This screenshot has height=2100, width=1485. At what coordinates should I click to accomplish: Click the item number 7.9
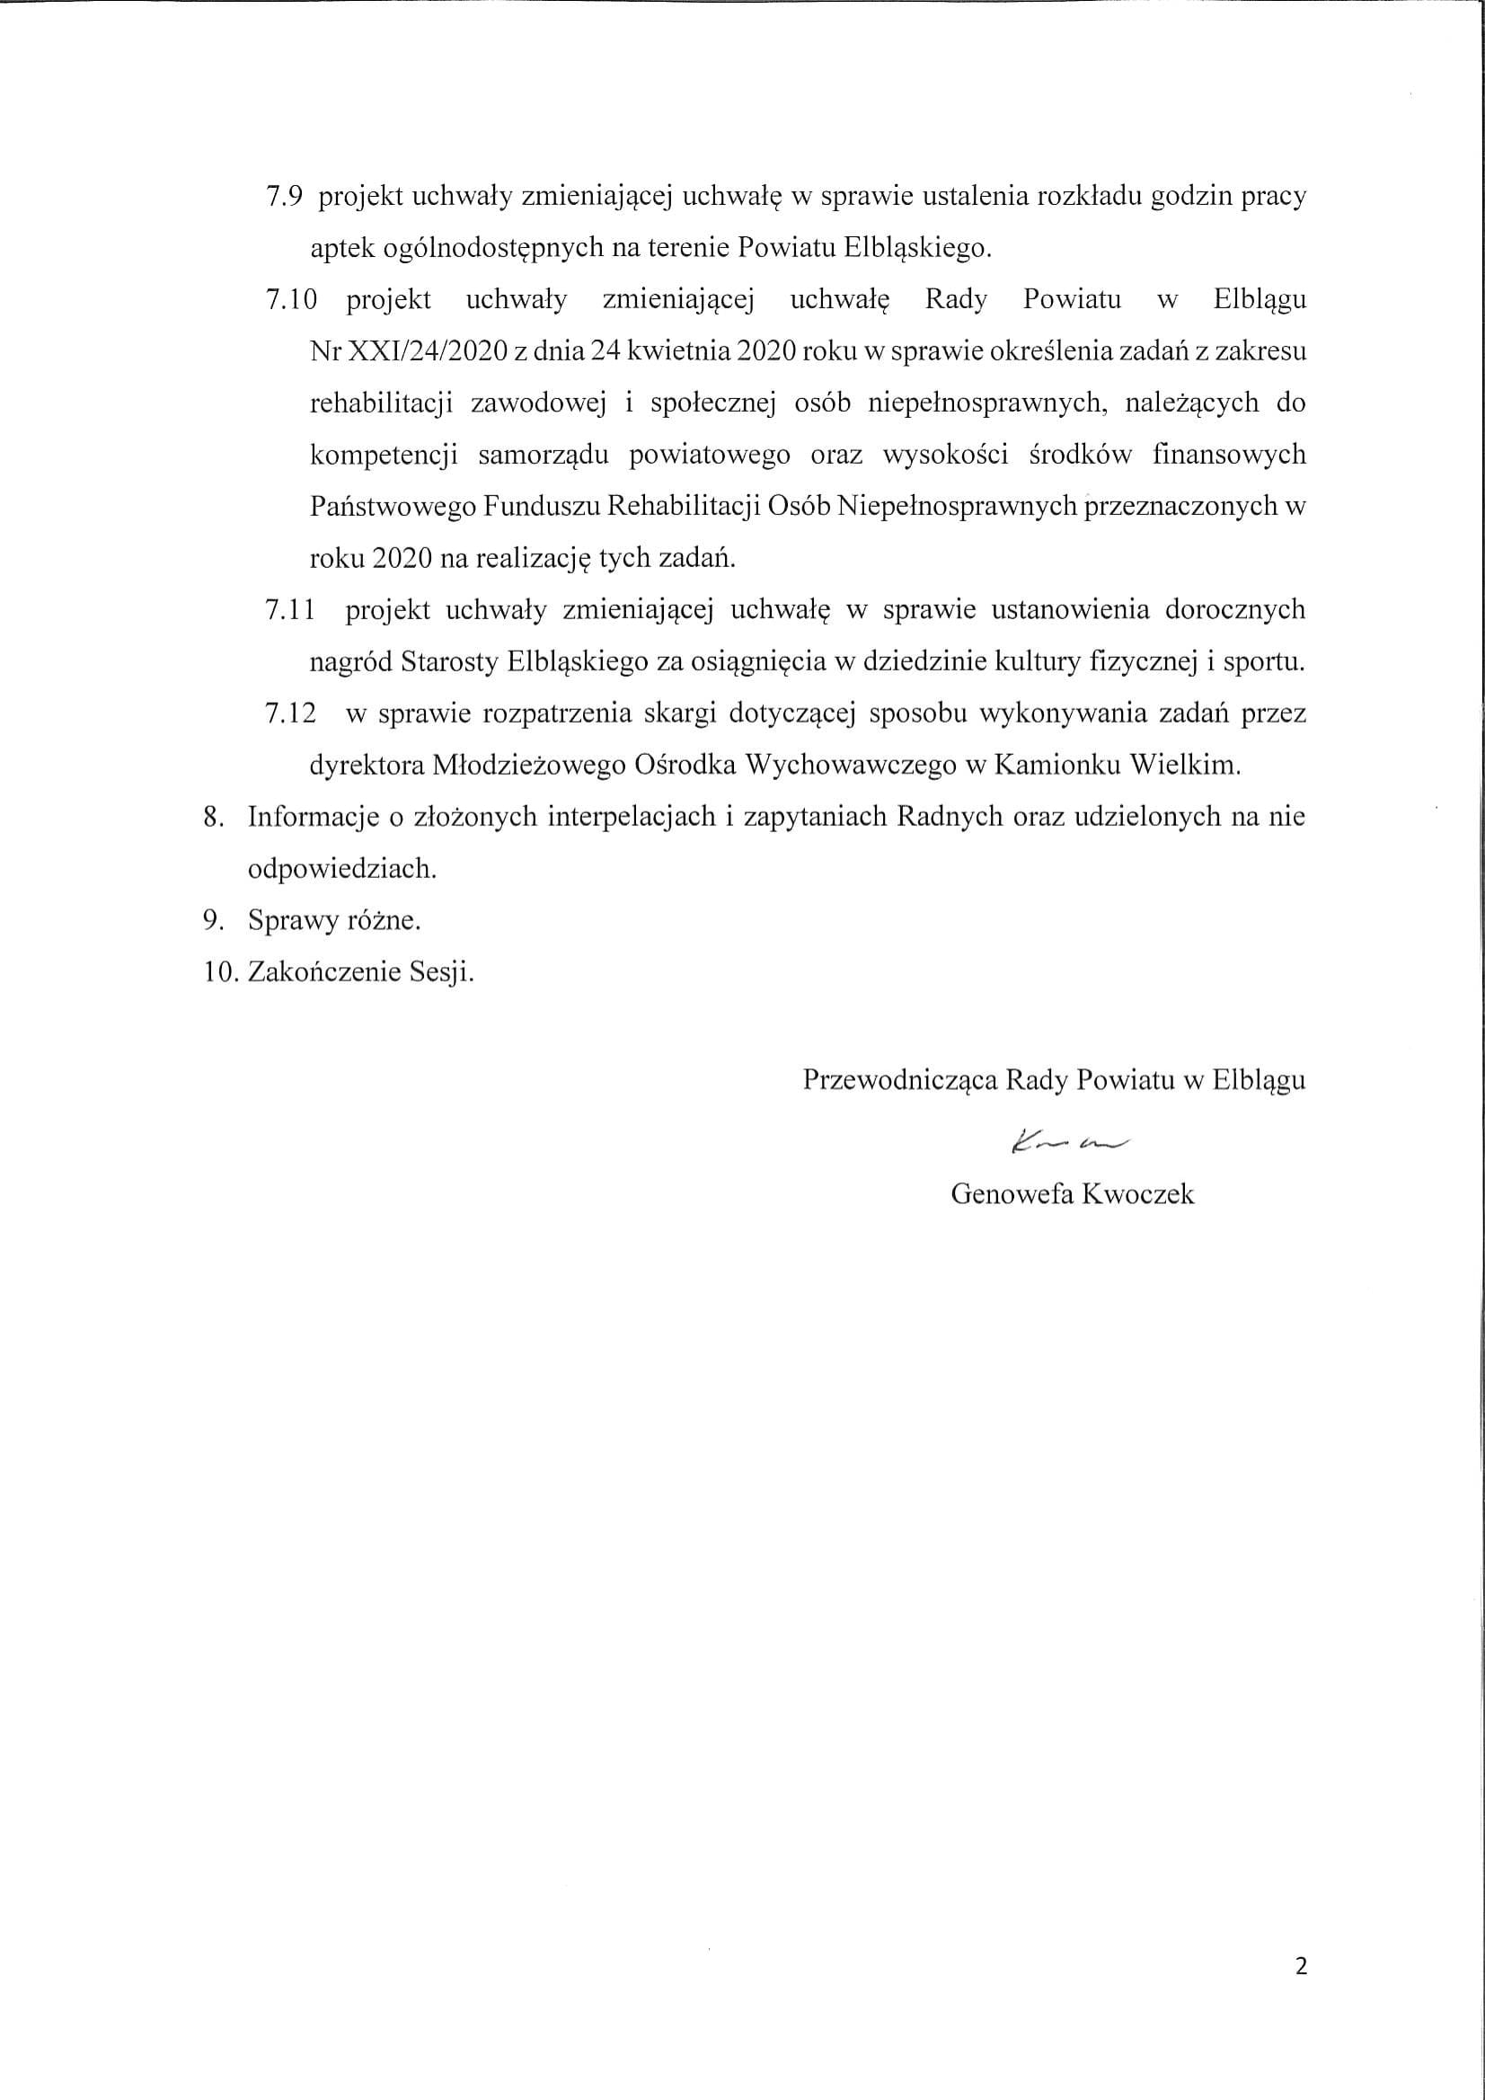(287, 198)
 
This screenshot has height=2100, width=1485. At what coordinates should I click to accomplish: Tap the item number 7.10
(292, 301)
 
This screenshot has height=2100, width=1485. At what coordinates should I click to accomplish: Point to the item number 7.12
(291, 713)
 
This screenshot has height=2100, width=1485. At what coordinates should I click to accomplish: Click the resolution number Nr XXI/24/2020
(408, 352)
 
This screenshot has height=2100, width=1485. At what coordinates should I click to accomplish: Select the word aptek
(339, 249)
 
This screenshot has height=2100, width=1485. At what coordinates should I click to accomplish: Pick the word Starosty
(449, 662)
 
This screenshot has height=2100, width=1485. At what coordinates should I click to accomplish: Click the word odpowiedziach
(342, 869)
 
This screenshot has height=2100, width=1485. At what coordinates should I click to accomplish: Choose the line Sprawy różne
(334, 920)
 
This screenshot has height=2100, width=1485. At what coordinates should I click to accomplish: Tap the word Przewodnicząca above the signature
(900, 1080)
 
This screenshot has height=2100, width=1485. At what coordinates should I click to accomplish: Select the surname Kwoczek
(1137, 1194)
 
